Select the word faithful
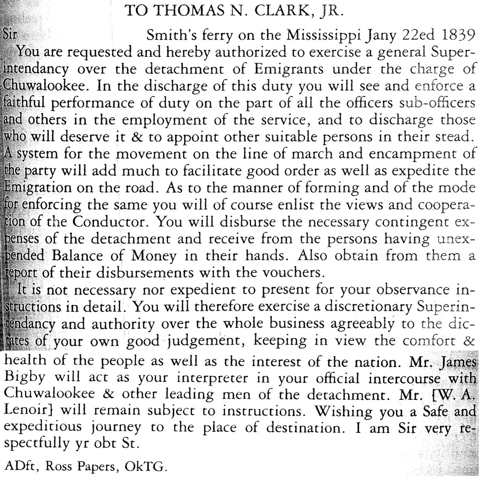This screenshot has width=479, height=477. pyautogui.click(x=25, y=103)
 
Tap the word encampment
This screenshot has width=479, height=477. pyautogui.click(x=419, y=154)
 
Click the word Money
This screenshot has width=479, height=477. pyautogui.click(x=153, y=256)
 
